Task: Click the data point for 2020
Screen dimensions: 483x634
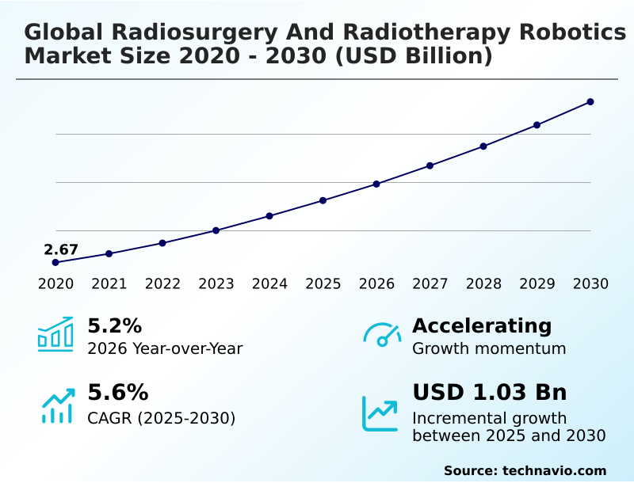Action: (55, 262)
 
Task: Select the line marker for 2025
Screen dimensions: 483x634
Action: (323, 200)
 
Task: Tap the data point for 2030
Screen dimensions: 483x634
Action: (590, 102)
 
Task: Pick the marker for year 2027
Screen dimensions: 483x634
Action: (430, 165)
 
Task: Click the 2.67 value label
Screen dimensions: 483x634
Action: (61, 250)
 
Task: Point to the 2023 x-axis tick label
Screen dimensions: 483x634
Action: (216, 283)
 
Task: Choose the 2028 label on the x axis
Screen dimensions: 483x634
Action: (483, 283)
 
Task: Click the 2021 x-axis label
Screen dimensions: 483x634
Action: (109, 283)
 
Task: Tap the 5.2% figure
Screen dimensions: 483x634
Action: (114, 325)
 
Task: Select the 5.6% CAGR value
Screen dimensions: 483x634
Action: (117, 393)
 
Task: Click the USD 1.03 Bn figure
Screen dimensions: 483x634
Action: (490, 393)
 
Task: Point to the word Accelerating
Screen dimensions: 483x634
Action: (482, 325)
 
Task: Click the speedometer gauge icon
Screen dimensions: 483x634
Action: (382, 334)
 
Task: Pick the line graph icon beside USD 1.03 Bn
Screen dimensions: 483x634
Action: (380, 413)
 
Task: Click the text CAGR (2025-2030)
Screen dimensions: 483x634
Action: (161, 418)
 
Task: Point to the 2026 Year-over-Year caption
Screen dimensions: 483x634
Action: (165, 348)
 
